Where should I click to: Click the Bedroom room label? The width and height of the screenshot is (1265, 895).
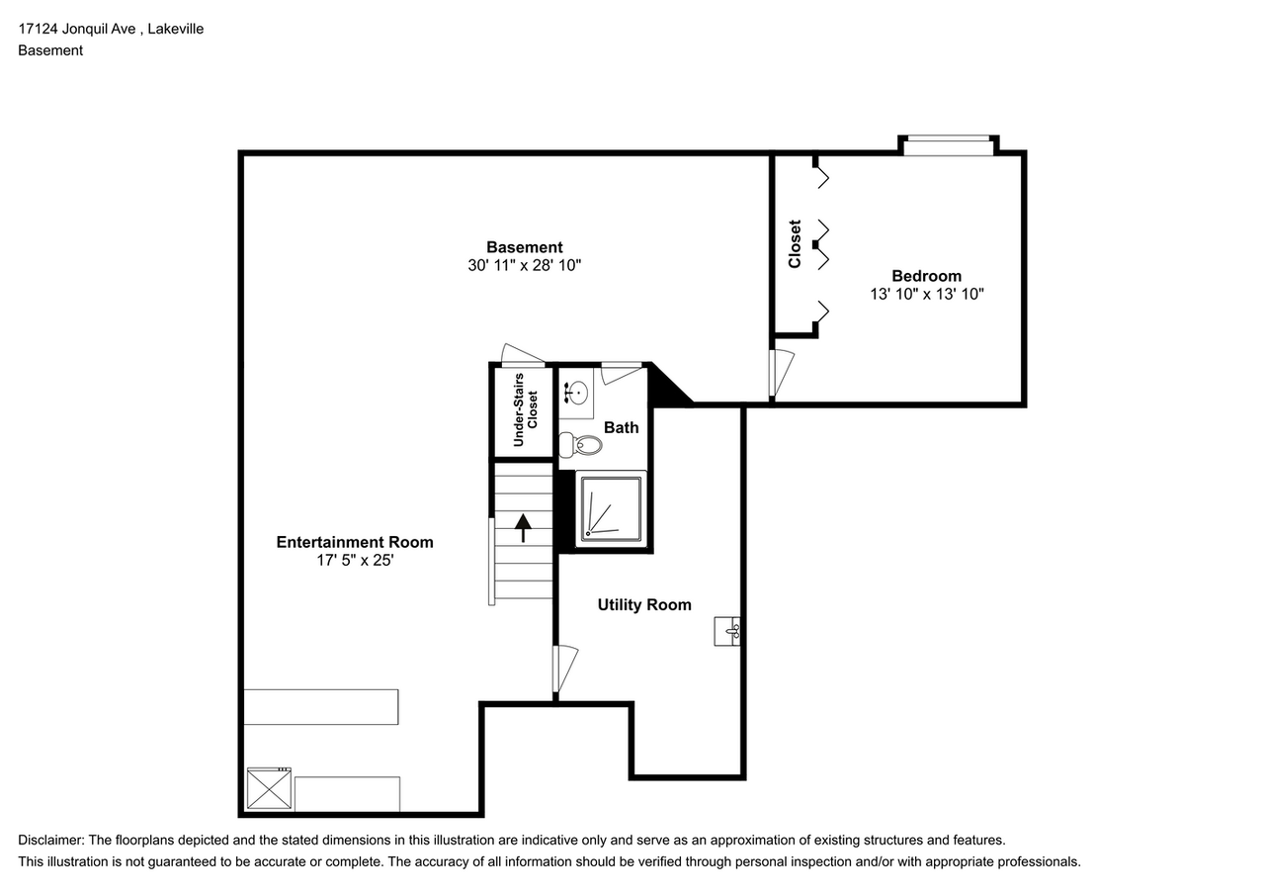click(926, 276)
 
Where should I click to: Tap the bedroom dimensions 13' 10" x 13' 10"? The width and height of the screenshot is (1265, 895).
click(926, 294)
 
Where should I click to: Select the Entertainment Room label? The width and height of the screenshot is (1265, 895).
click(354, 542)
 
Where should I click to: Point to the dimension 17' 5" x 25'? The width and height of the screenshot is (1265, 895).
click(354, 560)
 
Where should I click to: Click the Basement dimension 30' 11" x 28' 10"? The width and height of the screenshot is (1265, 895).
click(525, 265)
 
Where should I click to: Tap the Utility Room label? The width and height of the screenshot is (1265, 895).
click(644, 604)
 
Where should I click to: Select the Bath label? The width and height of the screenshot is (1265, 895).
click(622, 427)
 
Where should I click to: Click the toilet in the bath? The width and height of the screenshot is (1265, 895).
click(584, 445)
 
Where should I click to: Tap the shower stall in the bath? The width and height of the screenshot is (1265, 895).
click(611, 507)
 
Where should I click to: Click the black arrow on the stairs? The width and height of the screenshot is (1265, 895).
click(523, 526)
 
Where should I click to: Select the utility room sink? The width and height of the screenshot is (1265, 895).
click(727, 630)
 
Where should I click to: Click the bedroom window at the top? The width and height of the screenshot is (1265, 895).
click(948, 146)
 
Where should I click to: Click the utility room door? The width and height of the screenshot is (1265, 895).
click(563, 670)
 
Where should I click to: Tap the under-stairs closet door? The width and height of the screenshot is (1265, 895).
click(522, 354)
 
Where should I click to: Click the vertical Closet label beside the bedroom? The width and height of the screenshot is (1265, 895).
click(795, 243)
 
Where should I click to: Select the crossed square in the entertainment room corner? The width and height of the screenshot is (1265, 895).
click(269, 788)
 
